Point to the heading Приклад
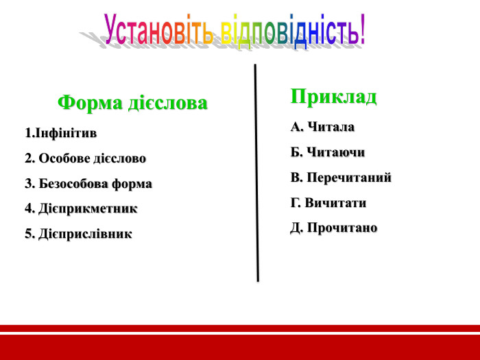(333, 96)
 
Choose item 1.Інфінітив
(60, 132)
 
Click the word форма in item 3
(134, 184)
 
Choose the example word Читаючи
(336, 152)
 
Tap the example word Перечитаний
(349, 178)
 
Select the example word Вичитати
(337, 203)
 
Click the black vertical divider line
(256, 171)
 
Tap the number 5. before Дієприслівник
(29, 234)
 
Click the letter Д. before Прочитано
(297, 228)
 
